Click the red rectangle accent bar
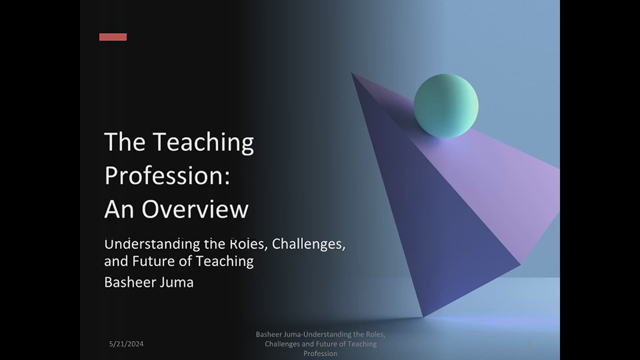point(113,37)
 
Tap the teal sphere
point(446,106)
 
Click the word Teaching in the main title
point(204,142)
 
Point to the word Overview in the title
point(195,209)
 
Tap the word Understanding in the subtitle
point(152,244)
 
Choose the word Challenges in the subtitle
point(308,244)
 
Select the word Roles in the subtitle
point(249,244)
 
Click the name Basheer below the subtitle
point(129,282)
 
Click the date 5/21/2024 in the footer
point(126,344)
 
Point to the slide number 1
point(529,344)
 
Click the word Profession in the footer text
point(320,353)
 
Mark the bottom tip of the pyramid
point(423,316)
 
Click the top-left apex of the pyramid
point(352,73)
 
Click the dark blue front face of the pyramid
point(433,217)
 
